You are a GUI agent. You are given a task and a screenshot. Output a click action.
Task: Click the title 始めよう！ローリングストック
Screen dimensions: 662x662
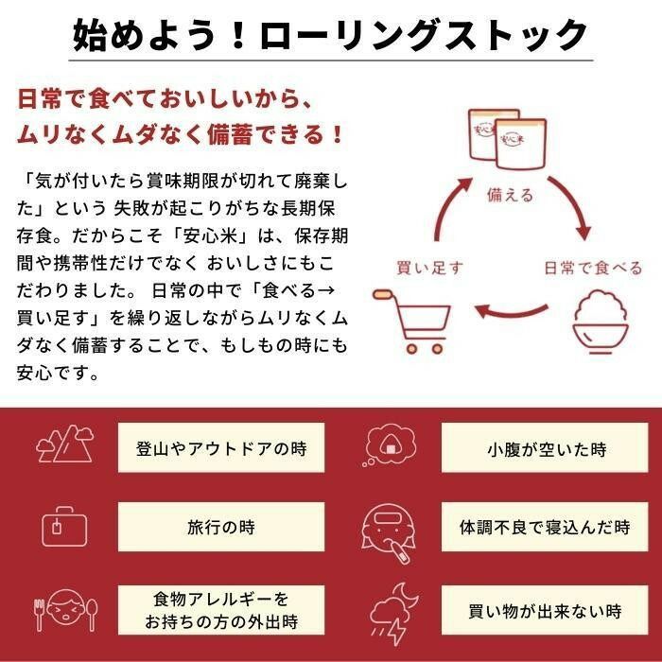[331, 37]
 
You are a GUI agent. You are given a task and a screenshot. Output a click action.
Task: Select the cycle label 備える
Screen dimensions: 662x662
[510, 195]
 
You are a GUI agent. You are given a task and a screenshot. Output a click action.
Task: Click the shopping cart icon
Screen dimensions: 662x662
[410, 320]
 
